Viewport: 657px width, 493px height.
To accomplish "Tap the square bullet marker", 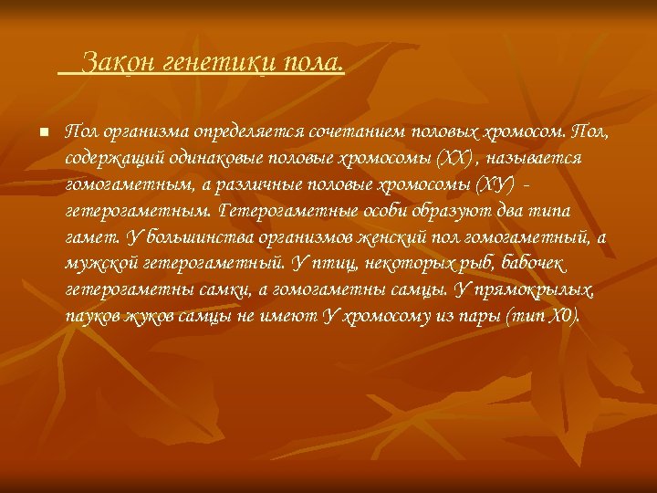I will (43, 133).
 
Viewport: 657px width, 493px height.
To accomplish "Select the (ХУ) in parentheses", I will (495, 185).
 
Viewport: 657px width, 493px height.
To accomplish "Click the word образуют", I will (425, 212).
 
